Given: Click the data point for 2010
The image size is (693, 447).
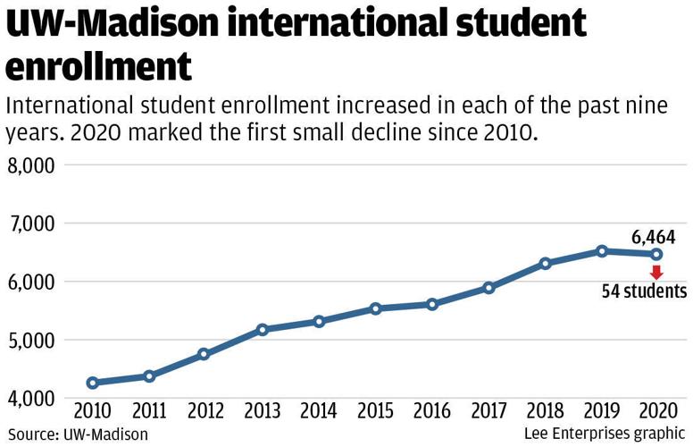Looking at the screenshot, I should [92, 383].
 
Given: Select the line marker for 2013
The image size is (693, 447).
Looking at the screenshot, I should [263, 330].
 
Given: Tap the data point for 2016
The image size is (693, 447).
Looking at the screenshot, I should [432, 304].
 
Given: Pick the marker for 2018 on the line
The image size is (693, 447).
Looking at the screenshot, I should [545, 264].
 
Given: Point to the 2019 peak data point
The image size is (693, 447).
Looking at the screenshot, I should [602, 251].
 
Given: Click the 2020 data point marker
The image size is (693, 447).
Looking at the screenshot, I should [657, 254].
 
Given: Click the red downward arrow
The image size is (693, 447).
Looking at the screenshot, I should [657, 272].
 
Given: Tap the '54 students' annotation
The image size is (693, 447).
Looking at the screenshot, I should [644, 291].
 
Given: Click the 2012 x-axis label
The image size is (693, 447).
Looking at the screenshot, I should [205, 413].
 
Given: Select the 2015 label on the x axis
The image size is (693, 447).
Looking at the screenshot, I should [375, 413].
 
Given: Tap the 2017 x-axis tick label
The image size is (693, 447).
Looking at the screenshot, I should [488, 413].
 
